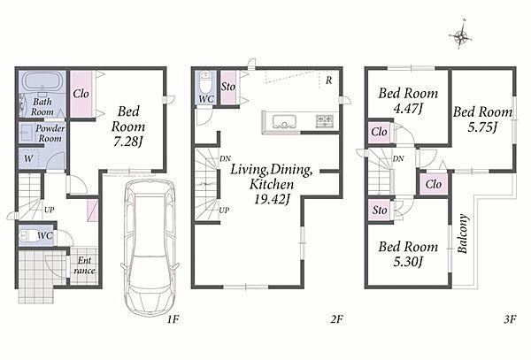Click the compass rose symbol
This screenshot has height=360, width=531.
coord(460,34)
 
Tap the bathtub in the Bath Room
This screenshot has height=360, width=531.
coord(42,82)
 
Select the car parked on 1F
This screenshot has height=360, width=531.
coord(150,248)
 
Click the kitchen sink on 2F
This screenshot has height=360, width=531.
coord(284,121)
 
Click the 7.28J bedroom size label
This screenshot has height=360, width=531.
coord(127,142)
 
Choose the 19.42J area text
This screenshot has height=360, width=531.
coord(272,199)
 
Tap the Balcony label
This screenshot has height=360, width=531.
coord(463,234)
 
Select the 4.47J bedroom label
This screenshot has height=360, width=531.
coord(409,109)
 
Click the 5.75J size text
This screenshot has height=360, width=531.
coord(482,127)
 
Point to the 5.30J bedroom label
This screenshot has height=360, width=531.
coord(408,262)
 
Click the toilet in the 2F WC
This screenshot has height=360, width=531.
coord(205,81)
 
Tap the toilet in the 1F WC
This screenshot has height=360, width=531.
coord(27,235)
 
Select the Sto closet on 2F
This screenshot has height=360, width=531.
coord(228,87)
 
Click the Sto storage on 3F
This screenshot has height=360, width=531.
coord(380,211)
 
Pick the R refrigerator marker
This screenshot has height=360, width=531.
coord(329,80)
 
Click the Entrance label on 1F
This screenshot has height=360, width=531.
coord(84,265)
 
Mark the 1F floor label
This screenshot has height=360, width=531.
coord(173,319)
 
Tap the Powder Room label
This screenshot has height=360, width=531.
coord(50,134)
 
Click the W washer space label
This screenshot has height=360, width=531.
coord(29,158)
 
